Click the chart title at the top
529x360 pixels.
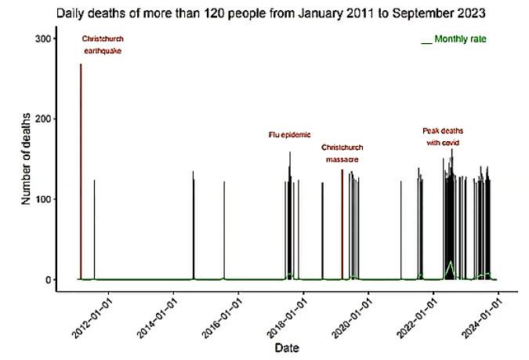point(266,13)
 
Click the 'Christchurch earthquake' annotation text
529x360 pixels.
point(103,45)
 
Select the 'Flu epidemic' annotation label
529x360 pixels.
point(290,135)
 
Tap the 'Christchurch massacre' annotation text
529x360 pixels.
point(342,153)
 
